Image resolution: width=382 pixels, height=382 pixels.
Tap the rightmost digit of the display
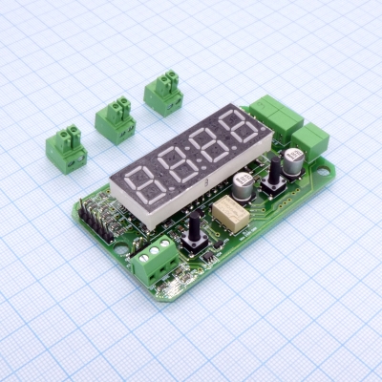(238, 130)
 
